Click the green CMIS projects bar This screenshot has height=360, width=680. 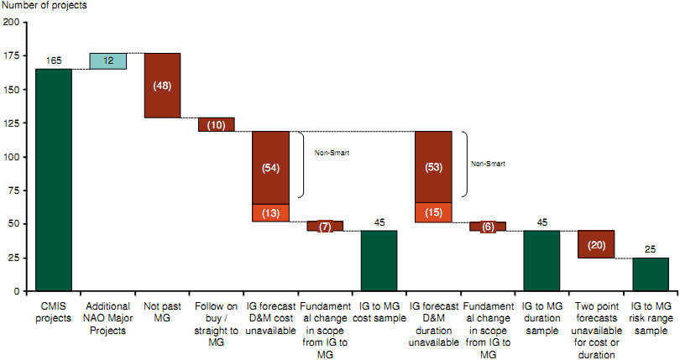point(54,180)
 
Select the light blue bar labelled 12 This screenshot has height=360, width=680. point(107,61)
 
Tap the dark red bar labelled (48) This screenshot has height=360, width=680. point(162,86)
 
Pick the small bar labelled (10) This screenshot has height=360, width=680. point(216,125)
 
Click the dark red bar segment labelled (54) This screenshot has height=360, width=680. point(270,168)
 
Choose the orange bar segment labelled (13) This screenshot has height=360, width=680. point(270,213)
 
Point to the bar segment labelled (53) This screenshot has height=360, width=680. point(433,167)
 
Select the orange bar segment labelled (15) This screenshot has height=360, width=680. point(433,212)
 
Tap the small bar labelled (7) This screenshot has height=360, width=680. point(325,226)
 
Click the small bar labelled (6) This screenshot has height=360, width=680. point(487,227)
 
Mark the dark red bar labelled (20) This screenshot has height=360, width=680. point(596,244)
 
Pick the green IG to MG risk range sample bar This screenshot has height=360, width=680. point(651,274)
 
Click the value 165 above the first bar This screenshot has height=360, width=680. point(54,62)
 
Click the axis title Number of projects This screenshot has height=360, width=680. point(44,6)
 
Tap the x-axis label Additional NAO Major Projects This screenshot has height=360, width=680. point(107,312)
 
